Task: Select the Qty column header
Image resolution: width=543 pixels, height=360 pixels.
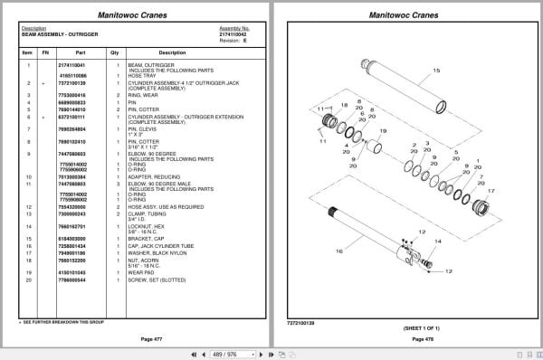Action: coord(114,52)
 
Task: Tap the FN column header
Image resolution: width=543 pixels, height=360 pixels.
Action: coord(44,52)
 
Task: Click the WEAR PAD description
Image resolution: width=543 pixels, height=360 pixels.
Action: coord(143,270)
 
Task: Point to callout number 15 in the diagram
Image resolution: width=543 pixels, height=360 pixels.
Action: coord(435,70)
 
